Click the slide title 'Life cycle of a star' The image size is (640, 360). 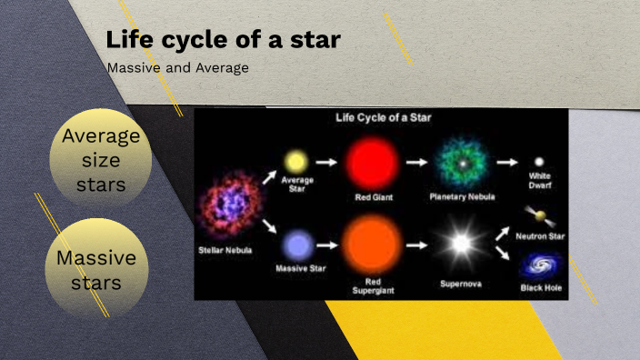pos(224,40)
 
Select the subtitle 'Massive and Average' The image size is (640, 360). pos(177,67)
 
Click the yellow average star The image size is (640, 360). pos(295,162)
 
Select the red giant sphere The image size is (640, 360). pos(372,162)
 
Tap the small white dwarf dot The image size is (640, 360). pos(539,162)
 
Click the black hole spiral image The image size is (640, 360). pos(540,267)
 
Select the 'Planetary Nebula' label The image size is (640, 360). pos(463,196)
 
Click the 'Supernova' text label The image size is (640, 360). pos(462,283)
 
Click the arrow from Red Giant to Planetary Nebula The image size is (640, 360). pos(416,162)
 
